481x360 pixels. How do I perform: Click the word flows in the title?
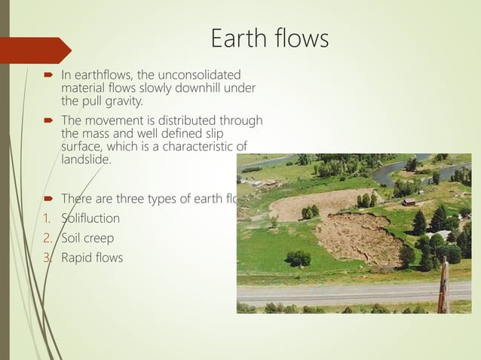point(301,38)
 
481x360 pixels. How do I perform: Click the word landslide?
point(85,160)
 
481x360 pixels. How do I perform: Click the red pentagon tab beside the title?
point(35,50)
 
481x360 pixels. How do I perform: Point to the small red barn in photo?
point(409,202)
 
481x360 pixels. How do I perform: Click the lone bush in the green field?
point(298,258)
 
